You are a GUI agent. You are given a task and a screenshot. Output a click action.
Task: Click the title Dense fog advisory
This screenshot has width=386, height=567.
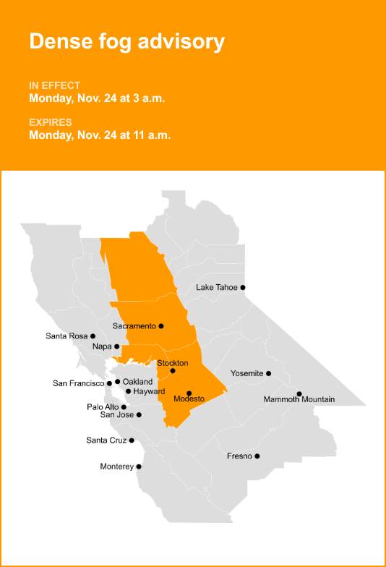pyautogui.click(x=126, y=41)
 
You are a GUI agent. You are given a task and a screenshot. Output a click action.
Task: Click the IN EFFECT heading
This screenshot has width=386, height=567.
pyautogui.click(x=55, y=85)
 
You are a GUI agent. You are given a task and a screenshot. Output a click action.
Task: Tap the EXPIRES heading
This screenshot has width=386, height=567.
pyautogui.click(x=51, y=121)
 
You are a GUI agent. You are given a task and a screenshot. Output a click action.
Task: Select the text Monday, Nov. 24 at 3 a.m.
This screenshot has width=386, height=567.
pyautogui.click(x=97, y=98)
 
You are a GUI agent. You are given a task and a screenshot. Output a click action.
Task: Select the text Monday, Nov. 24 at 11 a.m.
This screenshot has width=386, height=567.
pyautogui.click(x=100, y=135)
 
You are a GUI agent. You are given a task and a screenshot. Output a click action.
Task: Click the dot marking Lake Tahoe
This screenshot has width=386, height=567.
pyautogui.click(x=243, y=287)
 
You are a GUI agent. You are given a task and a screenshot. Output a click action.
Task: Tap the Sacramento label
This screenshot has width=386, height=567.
pyautogui.click(x=134, y=326)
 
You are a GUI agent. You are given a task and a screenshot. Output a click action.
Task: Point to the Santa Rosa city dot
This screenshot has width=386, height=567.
pyautogui.click(x=93, y=336)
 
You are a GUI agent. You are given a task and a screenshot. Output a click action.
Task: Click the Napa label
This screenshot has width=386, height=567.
pyautogui.click(x=102, y=347)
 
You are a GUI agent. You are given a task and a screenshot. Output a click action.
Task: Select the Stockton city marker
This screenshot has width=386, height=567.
pyautogui.click(x=173, y=371)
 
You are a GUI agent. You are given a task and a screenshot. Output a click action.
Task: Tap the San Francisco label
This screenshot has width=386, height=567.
pyautogui.click(x=79, y=383)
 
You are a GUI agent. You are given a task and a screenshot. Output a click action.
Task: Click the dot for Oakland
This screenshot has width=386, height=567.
pyautogui.click(x=117, y=381)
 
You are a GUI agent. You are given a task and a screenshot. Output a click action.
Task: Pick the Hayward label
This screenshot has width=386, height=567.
pyautogui.click(x=149, y=391)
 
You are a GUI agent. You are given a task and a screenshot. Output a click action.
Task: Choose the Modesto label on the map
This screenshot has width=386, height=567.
pyautogui.click(x=189, y=399)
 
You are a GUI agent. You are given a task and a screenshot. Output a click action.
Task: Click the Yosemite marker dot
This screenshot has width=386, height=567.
pyautogui.click(x=269, y=373)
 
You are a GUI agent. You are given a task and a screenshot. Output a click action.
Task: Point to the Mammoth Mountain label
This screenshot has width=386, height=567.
pyautogui.click(x=299, y=399)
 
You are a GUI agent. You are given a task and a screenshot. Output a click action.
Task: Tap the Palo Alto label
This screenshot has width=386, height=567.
pyautogui.click(x=103, y=407)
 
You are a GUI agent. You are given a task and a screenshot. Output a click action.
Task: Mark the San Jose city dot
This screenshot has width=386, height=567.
pyautogui.click(x=139, y=414)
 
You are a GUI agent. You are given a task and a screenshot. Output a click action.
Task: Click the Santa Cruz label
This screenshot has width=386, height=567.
pyautogui.click(x=106, y=440)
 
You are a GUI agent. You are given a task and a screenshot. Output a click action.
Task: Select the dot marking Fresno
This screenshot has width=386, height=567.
pyautogui.click(x=257, y=456)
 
